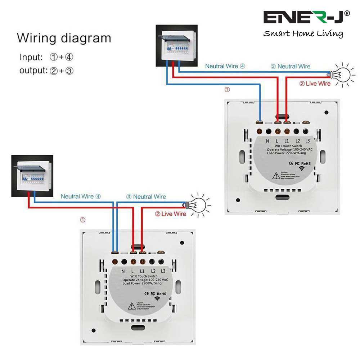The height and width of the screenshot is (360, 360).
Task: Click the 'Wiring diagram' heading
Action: (64, 38)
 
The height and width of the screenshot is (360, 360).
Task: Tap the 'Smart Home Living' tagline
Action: (303, 34)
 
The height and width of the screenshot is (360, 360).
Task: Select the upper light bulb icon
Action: (341, 74)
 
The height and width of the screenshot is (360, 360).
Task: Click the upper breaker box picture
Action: (176, 45)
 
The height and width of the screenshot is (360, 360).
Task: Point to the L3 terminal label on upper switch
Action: (307, 141)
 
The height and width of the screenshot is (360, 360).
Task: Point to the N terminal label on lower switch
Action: (123, 271)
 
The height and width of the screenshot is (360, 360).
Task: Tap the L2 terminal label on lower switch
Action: (153, 271)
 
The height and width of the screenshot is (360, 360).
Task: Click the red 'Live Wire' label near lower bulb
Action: (170, 214)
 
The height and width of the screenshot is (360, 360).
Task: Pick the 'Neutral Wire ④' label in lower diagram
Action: (81, 197)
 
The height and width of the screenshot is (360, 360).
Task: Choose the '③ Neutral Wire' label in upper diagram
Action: (290, 66)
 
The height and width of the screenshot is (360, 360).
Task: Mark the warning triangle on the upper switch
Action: (275, 176)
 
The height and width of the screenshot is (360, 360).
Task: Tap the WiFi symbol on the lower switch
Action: (157, 298)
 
